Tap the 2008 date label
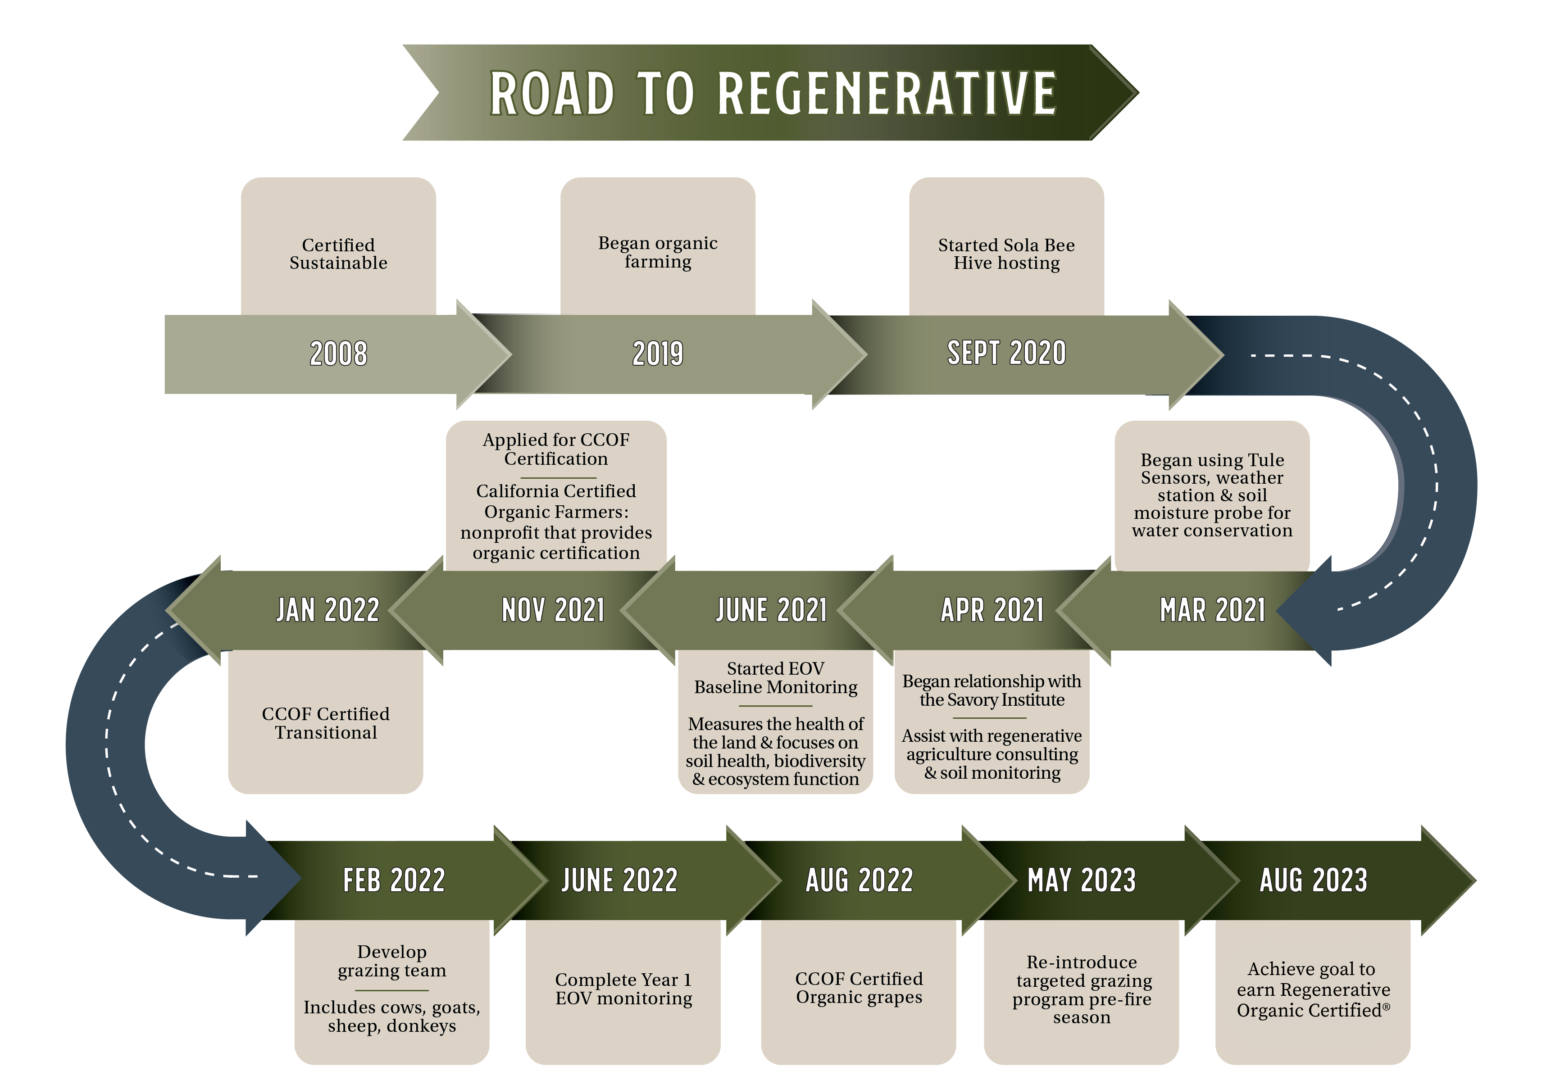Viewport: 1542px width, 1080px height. pyautogui.click(x=338, y=353)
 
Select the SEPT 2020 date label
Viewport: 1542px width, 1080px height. pyautogui.click(x=1006, y=353)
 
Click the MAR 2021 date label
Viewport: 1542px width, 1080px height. pyautogui.click(x=1212, y=610)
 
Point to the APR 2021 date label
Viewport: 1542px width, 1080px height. pyautogui.click(x=992, y=610)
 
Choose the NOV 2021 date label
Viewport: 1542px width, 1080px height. pyautogui.click(x=553, y=610)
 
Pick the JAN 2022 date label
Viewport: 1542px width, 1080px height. pyautogui.click(x=328, y=610)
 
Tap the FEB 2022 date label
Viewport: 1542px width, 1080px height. pyautogui.click(x=394, y=880)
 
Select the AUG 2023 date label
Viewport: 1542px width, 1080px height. pyautogui.click(x=1313, y=880)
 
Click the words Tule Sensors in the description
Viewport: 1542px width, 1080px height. pyautogui.click(x=1212, y=469)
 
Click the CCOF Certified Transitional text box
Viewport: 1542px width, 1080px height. pyautogui.click(x=326, y=722)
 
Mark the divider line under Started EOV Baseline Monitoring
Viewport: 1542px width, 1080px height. pyautogui.click(x=776, y=706)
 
